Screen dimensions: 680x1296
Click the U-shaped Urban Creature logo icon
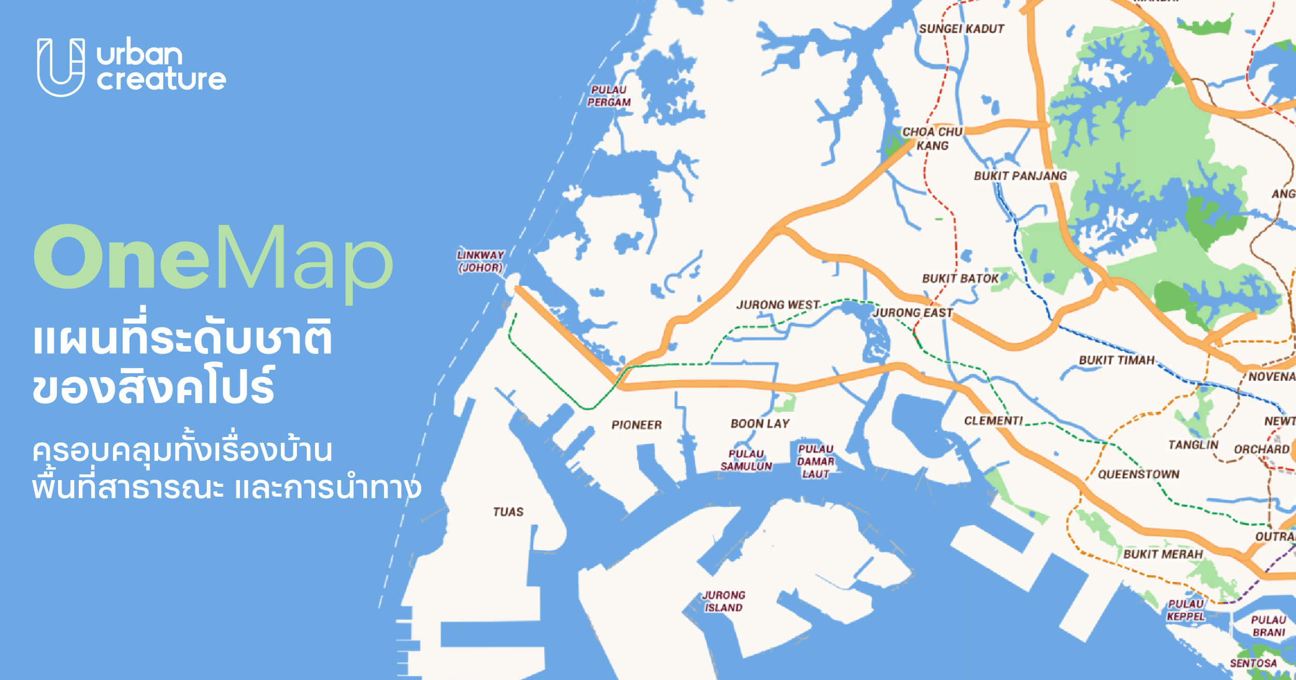(x=61, y=67)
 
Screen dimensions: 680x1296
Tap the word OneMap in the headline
(x=213, y=258)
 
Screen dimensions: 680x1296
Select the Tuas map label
(x=508, y=512)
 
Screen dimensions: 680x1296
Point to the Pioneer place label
(x=636, y=425)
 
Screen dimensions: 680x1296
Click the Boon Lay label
(x=760, y=424)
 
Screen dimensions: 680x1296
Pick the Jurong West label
(x=778, y=305)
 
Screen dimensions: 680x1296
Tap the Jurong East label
(x=913, y=313)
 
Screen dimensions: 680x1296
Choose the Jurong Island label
(x=723, y=601)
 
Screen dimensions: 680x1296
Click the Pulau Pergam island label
(x=609, y=96)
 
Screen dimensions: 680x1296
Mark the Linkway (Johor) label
(x=480, y=262)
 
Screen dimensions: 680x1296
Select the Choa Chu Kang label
(x=932, y=139)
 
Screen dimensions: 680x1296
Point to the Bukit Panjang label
(x=1020, y=176)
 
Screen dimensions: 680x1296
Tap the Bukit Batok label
(x=960, y=279)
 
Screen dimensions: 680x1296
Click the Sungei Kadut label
(x=961, y=29)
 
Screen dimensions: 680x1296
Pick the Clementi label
(x=993, y=421)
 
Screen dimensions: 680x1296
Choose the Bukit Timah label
(x=1117, y=360)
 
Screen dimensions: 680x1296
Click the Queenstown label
(x=1138, y=474)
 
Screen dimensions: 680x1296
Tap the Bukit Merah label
(x=1163, y=554)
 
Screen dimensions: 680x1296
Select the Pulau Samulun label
(x=746, y=460)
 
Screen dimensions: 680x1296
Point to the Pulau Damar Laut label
(x=816, y=461)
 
